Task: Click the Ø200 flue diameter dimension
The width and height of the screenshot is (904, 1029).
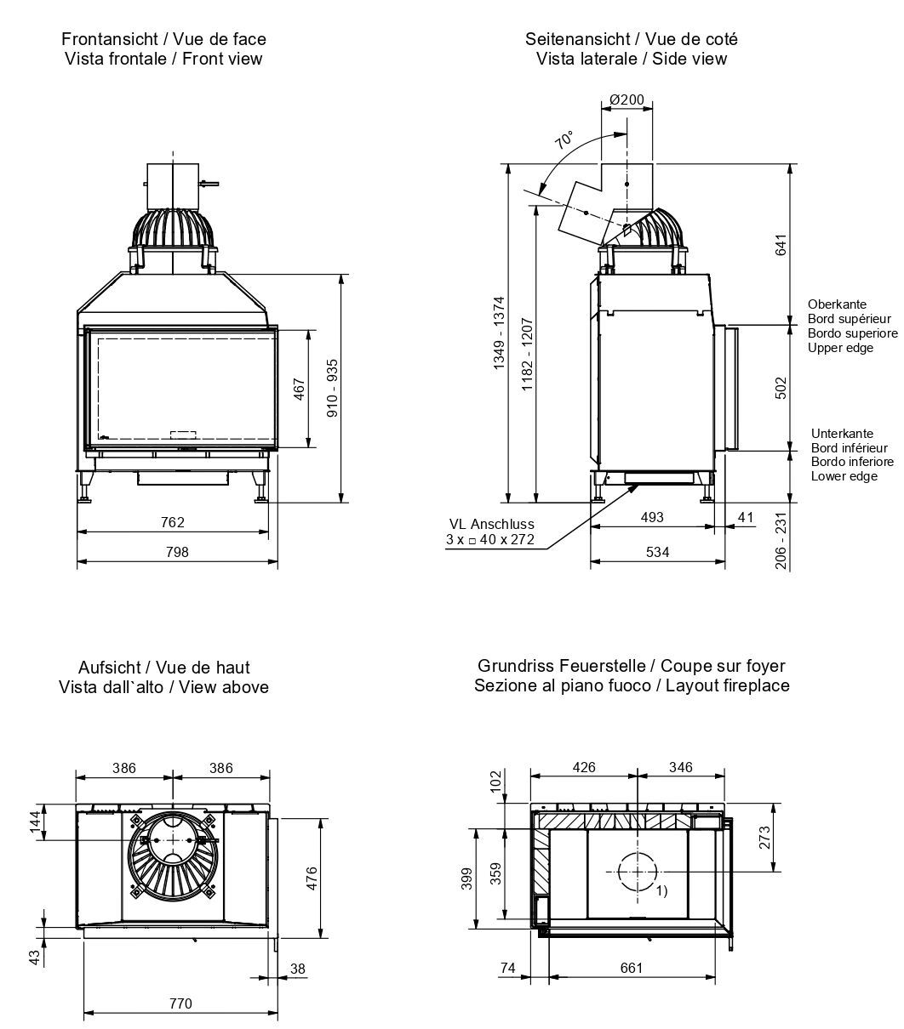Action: coord(627,99)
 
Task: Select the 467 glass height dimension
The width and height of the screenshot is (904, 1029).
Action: coord(299,389)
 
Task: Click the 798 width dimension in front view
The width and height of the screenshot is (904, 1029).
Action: coord(177,552)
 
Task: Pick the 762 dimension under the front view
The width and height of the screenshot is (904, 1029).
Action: coord(173,522)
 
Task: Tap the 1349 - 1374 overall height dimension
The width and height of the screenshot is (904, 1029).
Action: coord(499,332)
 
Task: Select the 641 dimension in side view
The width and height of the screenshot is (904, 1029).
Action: coord(781,243)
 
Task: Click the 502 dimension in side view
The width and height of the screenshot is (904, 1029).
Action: coord(781,388)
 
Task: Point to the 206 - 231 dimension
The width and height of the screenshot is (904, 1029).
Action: coord(781,540)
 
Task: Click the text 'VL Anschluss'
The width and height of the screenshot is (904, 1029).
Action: coord(492,525)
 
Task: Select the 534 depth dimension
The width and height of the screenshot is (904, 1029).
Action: coord(657,552)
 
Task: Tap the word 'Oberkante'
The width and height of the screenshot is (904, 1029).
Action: coord(837,304)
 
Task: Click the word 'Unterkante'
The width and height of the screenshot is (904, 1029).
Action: coord(841,434)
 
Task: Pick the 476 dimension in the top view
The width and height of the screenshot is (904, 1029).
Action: coord(311,877)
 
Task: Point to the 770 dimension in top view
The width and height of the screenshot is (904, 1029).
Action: coord(180,1003)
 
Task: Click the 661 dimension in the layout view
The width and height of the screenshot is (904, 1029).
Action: coord(631,967)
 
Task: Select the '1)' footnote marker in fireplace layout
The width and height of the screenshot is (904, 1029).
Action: coord(661,891)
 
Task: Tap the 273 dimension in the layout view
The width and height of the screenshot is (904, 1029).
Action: coord(764,838)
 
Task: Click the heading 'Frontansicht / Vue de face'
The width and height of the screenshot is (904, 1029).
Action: coord(163,39)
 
